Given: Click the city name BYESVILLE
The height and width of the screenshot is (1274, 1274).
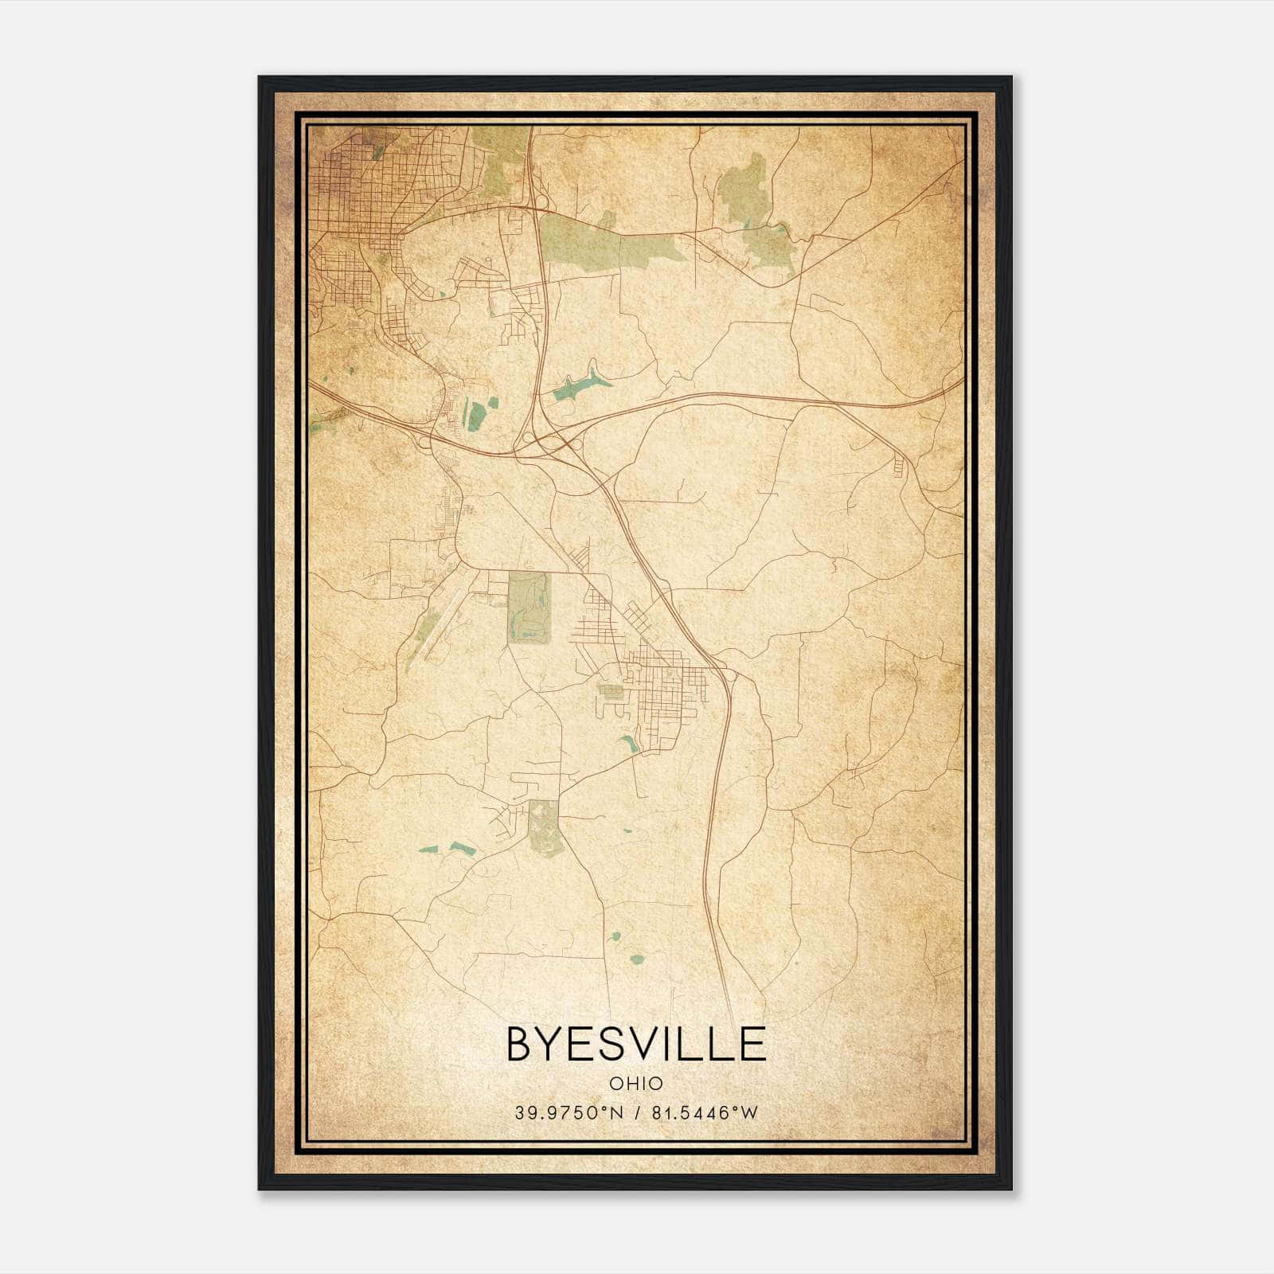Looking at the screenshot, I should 635,1044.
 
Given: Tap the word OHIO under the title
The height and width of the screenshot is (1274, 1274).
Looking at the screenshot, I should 635,1083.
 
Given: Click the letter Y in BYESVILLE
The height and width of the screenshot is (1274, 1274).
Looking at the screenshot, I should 554,1044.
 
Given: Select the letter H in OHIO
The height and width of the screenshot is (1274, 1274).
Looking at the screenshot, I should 631,1083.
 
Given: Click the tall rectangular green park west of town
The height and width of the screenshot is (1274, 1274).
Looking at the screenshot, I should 530,607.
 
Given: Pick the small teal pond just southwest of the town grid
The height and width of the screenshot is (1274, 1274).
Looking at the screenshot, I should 630,744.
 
